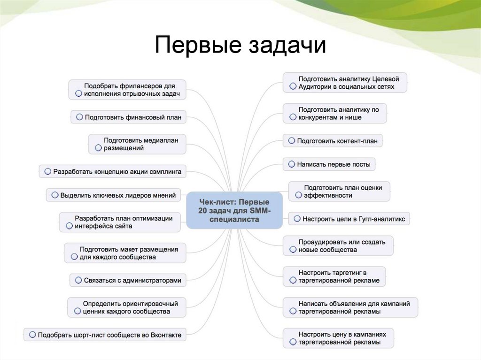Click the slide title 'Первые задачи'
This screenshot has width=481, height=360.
pos(240,46)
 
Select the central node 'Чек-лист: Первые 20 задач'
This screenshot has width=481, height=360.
pos(234,210)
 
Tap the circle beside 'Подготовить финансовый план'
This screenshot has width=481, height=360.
pos(79,117)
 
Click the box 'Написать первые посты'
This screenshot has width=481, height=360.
pos(329,164)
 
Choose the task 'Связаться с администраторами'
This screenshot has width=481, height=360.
pos(127,280)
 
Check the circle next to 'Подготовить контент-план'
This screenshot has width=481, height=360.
pos(292,140)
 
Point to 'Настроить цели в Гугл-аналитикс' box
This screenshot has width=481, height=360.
pos(349,219)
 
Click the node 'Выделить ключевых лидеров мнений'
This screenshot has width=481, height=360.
pos(113,195)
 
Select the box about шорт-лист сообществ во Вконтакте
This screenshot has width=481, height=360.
pos(105,335)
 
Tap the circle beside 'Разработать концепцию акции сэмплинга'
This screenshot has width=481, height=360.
pos(47,172)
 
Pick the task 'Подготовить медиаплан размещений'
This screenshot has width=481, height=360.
pos(137,144)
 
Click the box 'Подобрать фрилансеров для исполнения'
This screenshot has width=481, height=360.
pos(127,90)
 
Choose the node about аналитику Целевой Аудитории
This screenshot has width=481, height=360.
pos(344,83)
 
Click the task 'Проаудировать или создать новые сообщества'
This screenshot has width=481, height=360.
pos(338,245)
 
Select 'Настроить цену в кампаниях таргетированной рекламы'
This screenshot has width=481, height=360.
pos(338,338)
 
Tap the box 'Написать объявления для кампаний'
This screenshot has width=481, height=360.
pos(350,307)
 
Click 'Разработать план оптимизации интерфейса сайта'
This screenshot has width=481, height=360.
pos(120,222)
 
